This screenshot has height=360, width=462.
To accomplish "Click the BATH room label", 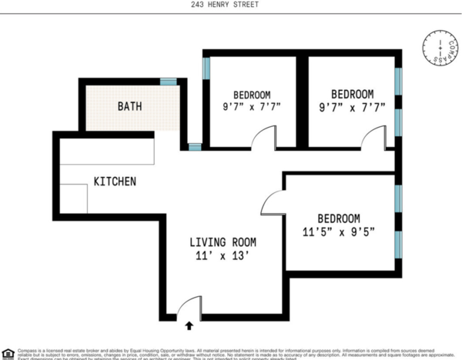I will (129, 106).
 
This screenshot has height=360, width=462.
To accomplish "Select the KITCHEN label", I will (115, 182).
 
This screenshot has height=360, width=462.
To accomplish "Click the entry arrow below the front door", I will (190, 326).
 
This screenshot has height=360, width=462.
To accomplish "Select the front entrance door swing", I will (189, 308).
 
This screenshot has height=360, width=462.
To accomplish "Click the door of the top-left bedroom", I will (263, 138).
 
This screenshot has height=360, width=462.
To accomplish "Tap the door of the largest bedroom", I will (273, 204).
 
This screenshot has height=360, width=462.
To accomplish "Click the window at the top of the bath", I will (169, 81).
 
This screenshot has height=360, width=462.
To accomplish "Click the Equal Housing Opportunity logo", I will (8, 353).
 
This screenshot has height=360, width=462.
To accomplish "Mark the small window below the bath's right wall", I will (195, 146).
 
